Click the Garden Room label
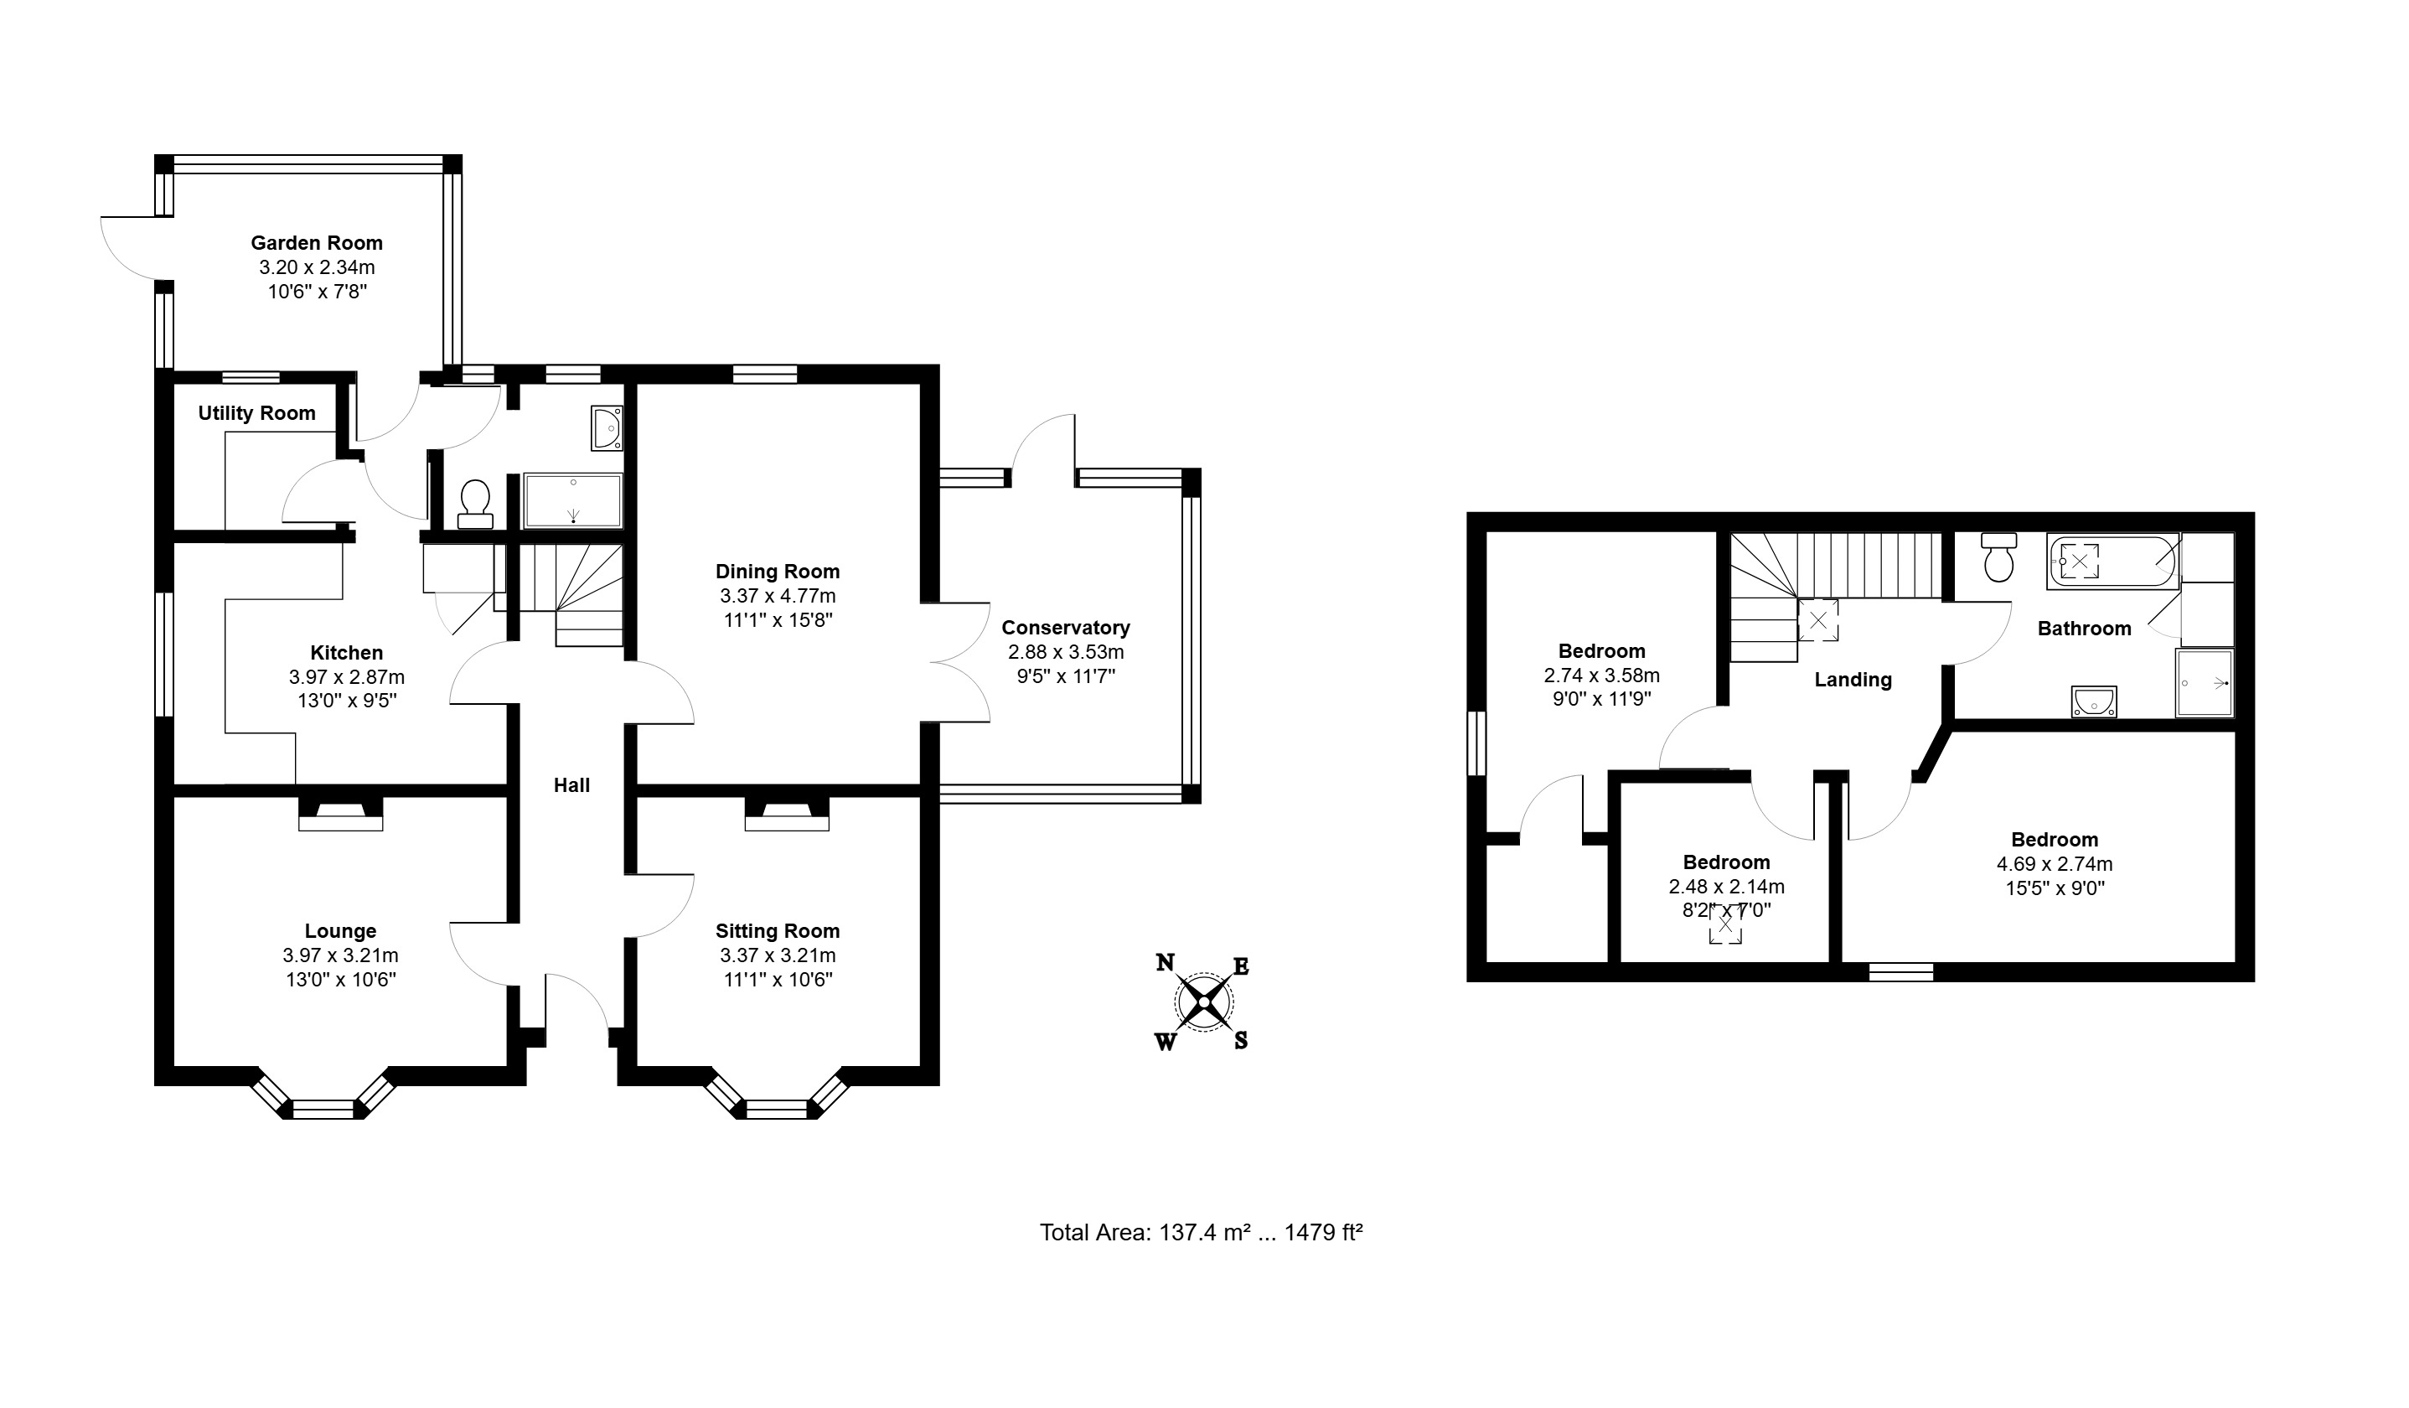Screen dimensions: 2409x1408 317,243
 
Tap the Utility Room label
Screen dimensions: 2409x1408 256,413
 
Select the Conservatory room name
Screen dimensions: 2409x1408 1066,628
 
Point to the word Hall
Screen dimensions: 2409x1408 571,784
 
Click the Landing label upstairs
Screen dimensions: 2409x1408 1853,680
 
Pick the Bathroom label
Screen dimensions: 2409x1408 2084,628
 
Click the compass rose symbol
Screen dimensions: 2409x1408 1203,1002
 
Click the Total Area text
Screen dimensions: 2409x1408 1201,1232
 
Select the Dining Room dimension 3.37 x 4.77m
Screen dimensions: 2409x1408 778,596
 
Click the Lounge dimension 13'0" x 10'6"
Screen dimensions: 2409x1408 340,979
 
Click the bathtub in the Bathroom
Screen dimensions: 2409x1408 2112,560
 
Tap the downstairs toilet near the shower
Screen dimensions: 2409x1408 475,504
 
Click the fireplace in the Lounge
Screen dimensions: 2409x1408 340,815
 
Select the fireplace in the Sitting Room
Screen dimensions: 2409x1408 787,815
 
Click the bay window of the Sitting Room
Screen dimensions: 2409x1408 778,1095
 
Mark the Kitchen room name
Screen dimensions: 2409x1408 346,653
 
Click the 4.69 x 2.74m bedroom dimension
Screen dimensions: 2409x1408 2055,864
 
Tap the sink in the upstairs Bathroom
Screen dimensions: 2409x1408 2094,701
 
